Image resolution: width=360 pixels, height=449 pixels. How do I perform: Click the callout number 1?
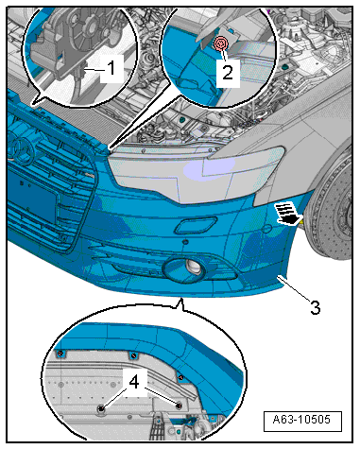tap(111, 68)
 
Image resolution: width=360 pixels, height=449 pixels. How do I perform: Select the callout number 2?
tap(228, 72)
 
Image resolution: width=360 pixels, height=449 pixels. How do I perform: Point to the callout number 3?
tap(315, 307)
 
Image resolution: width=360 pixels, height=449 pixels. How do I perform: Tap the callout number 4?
tap(134, 382)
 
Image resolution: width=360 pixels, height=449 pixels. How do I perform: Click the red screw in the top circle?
tap(221, 43)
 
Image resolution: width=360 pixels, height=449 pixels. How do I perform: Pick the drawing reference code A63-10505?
tap(301, 420)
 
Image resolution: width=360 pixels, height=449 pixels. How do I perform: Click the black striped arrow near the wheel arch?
tap(288, 215)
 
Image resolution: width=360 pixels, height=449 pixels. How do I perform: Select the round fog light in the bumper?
tap(193, 267)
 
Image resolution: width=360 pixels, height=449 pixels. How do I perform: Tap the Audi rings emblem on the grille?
tap(20, 149)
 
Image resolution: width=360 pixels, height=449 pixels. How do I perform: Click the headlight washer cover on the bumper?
tap(196, 225)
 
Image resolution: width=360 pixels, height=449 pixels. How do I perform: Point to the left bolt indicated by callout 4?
tap(101, 408)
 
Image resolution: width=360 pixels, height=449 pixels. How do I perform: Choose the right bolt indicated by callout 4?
tap(179, 406)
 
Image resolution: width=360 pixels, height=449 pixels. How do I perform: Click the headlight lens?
tap(196, 173)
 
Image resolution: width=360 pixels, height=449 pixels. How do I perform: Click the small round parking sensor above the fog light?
tap(185, 242)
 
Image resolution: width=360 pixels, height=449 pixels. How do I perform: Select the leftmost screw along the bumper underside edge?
tap(60, 353)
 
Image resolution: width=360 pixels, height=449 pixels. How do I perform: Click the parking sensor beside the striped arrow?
tap(267, 229)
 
